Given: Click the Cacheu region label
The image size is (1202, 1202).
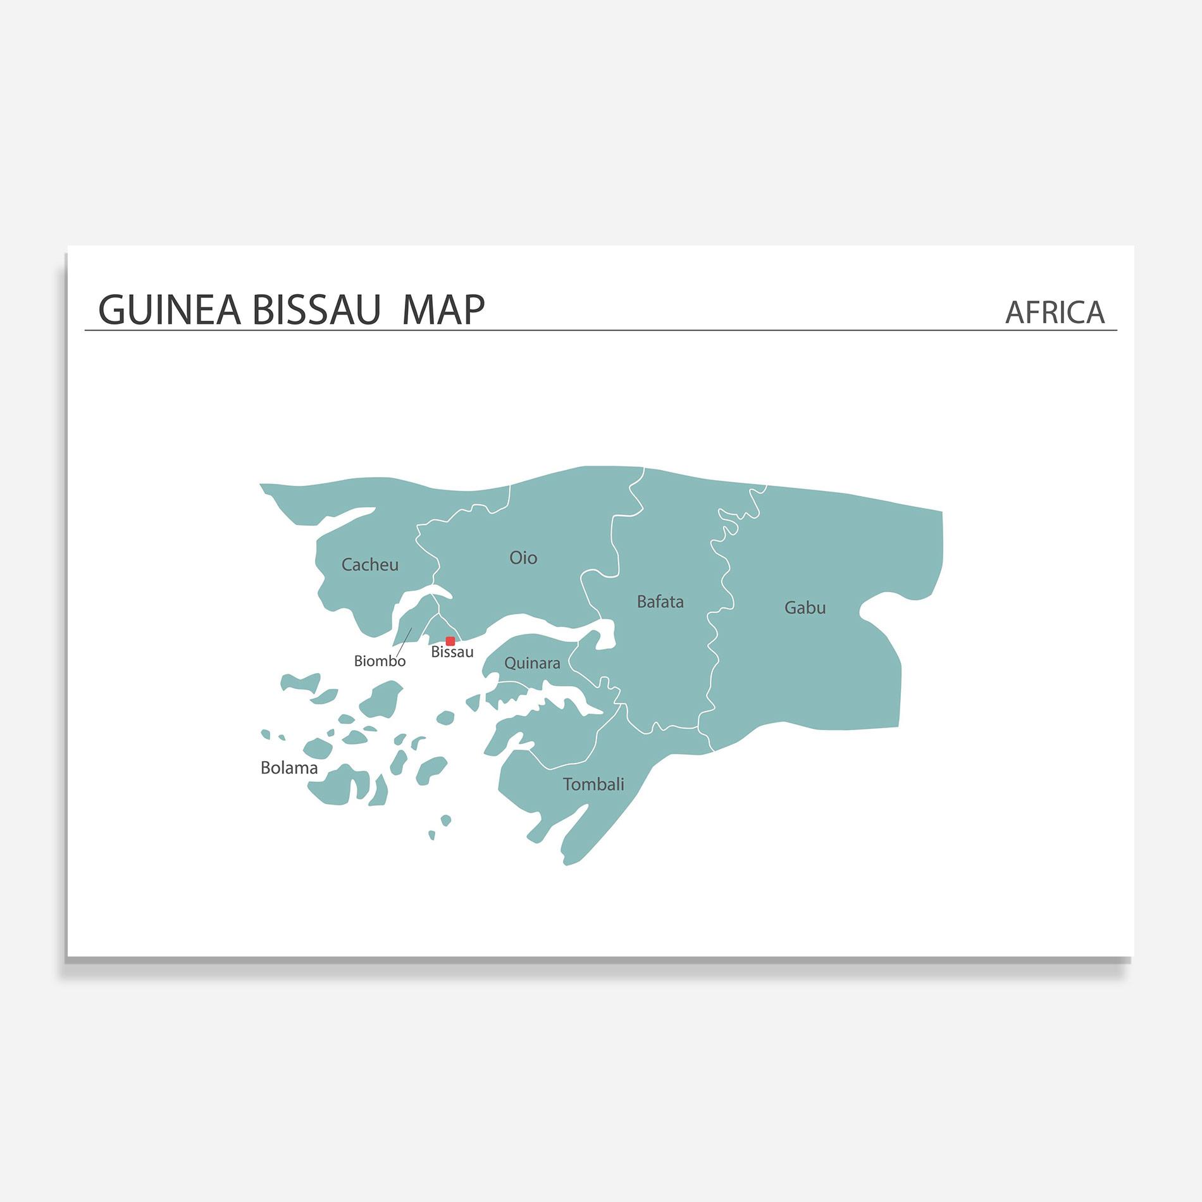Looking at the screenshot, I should click(x=369, y=564).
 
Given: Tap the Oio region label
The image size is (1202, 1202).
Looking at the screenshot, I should click(x=523, y=558).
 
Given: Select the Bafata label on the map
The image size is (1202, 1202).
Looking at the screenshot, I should click(x=660, y=602).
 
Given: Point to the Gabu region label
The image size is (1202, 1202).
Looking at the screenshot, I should click(x=805, y=608).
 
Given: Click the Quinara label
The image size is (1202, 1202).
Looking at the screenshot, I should click(x=532, y=663).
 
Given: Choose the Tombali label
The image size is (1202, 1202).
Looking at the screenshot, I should click(x=593, y=784).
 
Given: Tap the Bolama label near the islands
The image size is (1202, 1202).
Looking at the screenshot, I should click(x=289, y=768).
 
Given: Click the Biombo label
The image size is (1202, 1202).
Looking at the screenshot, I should click(x=380, y=661).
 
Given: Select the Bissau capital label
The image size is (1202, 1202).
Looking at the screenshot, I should click(x=452, y=652).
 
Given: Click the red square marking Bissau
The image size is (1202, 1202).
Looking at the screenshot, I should click(x=450, y=641).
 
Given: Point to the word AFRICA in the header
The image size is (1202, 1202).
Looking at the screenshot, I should click(x=1055, y=313).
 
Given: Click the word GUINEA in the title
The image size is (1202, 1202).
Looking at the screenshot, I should click(x=170, y=310).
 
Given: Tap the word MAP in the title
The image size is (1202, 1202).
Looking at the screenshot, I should click(x=443, y=310).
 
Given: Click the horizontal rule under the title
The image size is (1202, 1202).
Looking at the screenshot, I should click(x=601, y=330).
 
